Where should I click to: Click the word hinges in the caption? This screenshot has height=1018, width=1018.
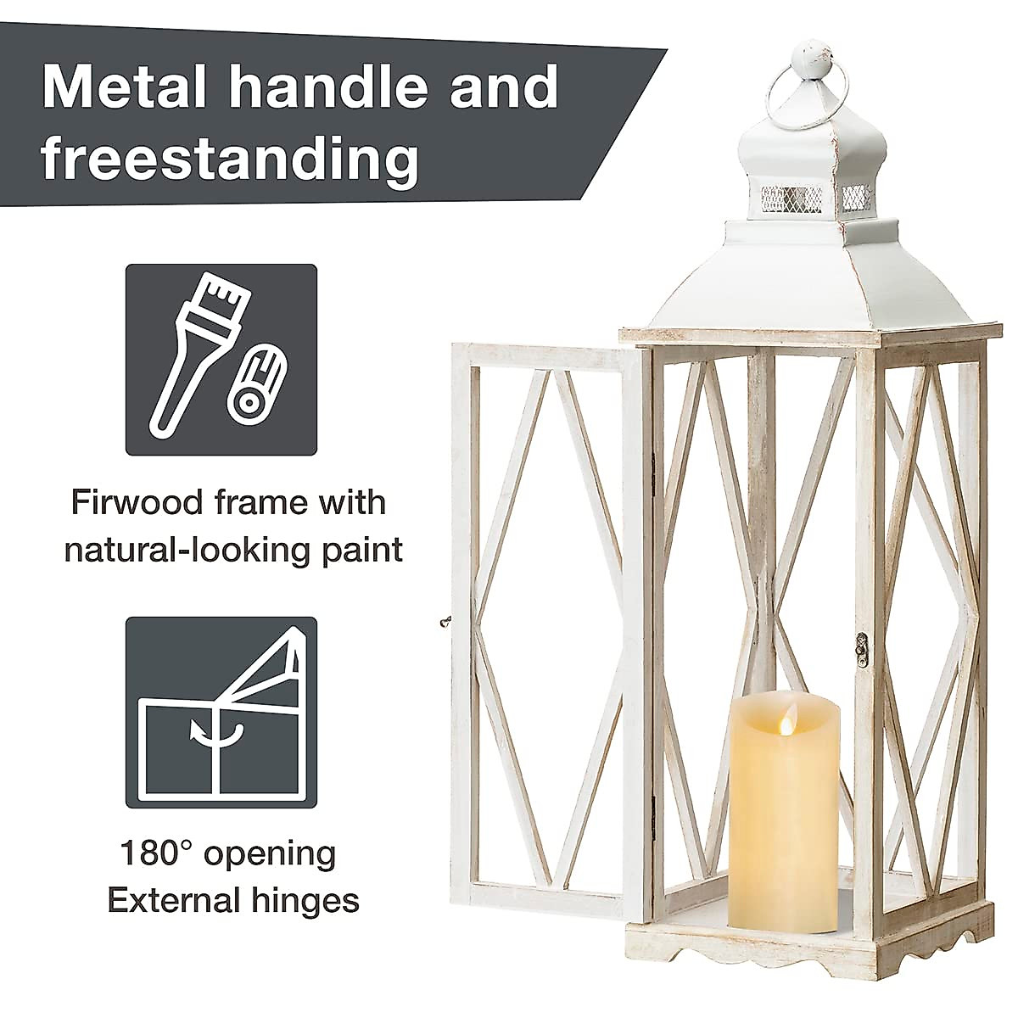[x=310, y=899]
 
